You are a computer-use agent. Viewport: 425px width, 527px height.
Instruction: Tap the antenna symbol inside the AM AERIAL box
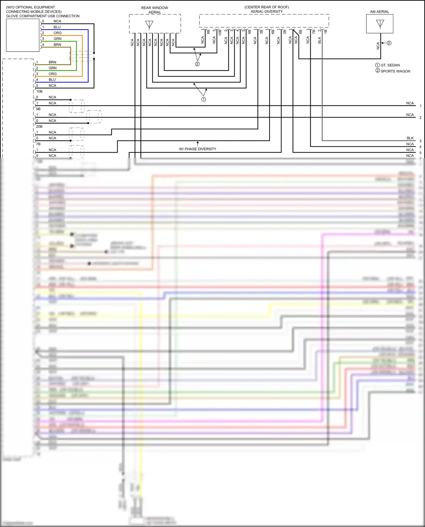pos(380,24)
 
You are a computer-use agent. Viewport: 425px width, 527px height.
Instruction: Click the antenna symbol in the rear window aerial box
pos(149,25)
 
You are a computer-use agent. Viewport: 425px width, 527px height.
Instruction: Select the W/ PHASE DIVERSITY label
pos(197,149)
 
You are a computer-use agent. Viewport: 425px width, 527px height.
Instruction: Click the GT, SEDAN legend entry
pos(390,65)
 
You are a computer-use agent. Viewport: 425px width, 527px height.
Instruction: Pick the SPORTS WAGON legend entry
pos(395,71)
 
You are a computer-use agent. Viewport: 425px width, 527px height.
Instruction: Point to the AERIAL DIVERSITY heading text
pos(267,12)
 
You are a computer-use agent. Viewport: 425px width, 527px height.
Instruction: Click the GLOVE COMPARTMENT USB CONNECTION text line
pos(43,16)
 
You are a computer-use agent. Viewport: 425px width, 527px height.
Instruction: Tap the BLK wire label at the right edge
pos(410,138)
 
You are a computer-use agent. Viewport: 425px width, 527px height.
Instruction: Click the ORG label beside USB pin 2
pos(58,33)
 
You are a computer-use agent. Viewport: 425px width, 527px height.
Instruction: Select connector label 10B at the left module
pos(39,91)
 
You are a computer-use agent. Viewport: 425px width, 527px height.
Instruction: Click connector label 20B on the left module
pos(39,127)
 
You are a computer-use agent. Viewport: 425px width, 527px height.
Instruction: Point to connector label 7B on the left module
pos(38,144)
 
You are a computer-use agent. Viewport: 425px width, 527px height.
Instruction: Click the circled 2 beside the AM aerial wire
pos(389,43)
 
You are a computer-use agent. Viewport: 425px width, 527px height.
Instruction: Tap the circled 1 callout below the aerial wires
pos(203,99)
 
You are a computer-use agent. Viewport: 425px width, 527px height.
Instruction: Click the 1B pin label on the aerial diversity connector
pos(326,31)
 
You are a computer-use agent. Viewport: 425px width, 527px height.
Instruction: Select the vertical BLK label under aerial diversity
pos(319,40)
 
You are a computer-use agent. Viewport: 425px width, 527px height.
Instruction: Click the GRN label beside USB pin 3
pos(58,39)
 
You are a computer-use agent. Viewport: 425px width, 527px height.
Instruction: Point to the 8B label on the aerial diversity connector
pos(300,32)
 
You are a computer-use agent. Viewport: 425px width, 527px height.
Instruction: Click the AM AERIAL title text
pos(379,12)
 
